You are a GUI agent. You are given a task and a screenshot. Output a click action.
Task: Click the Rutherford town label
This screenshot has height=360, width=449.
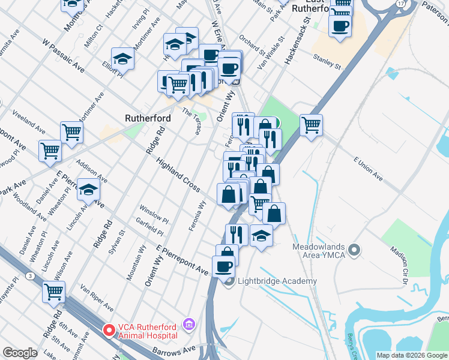click(148, 118)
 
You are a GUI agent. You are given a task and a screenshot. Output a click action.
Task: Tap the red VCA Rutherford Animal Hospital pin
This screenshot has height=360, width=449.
click(109, 329)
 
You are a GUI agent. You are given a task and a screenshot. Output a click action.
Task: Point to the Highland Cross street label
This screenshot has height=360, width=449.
click(178, 175)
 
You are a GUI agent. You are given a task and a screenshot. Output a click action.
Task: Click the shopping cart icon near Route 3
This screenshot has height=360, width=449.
click(54, 292)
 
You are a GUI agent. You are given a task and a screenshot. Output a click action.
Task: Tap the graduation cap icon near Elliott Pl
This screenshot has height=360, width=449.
click(122, 59)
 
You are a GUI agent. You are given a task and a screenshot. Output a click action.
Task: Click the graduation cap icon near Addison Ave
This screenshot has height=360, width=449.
click(88, 190)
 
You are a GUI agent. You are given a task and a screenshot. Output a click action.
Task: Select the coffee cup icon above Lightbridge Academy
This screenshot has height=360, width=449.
click(223, 266)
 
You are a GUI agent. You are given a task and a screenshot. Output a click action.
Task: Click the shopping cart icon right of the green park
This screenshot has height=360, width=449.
click(311, 125)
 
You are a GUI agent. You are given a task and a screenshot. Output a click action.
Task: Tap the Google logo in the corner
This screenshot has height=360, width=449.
click(20, 353)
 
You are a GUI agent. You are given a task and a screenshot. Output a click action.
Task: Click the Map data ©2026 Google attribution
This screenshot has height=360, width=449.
click(412, 355)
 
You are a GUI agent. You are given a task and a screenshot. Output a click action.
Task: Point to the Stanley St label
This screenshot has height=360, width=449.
click(327, 59)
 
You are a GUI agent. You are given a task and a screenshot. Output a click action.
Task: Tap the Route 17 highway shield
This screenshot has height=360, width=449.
click(400, 4)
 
